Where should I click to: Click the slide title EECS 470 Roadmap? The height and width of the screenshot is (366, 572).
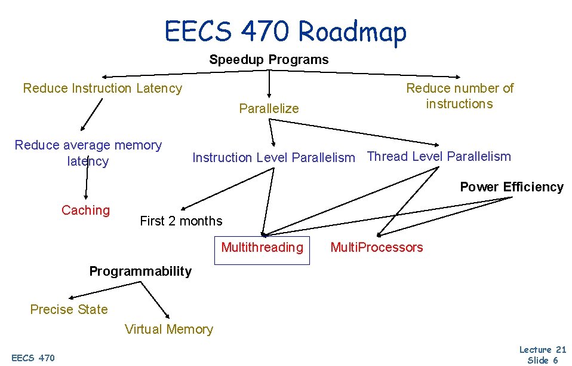pyautogui.click(x=285, y=31)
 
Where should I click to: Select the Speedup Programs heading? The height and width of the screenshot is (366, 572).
pyautogui.click(x=269, y=60)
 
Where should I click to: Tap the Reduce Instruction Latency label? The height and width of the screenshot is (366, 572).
pyautogui.click(x=102, y=89)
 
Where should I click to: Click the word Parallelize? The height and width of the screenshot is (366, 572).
pyautogui.click(x=269, y=108)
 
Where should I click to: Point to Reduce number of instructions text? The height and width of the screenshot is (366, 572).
pyautogui.click(x=459, y=96)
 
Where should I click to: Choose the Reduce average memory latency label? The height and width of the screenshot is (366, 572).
pyautogui.click(x=88, y=153)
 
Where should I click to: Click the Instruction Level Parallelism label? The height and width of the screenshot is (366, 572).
pyautogui.click(x=273, y=158)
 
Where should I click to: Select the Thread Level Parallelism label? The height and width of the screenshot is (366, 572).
pyautogui.click(x=439, y=157)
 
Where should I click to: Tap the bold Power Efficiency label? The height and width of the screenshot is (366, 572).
pyautogui.click(x=511, y=187)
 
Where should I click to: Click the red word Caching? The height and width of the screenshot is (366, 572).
pyautogui.click(x=85, y=211)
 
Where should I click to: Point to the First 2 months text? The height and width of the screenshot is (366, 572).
pyautogui.click(x=181, y=221)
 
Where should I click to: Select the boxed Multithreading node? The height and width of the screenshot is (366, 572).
pyautogui.click(x=262, y=248)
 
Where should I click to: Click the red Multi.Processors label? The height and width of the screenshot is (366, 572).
pyautogui.click(x=376, y=248)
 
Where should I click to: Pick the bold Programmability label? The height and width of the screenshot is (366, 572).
pyautogui.click(x=140, y=272)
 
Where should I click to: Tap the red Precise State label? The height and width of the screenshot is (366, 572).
pyautogui.click(x=69, y=310)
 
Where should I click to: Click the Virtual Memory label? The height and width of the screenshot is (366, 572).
pyautogui.click(x=168, y=330)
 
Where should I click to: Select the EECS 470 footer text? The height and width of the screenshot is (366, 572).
pyautogui.click(x=33, y=358)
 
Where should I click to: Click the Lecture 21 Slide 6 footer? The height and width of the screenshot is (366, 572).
pyautogui.click(x=542, y=355)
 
